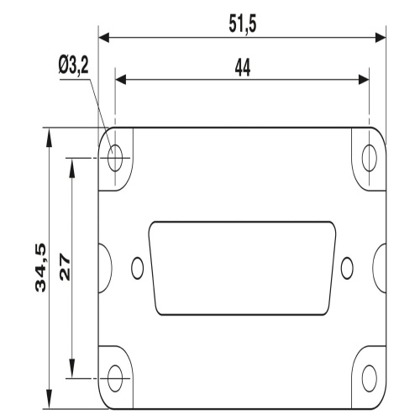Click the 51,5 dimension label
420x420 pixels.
[x=243, y=24]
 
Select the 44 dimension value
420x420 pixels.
[x=243, y=67]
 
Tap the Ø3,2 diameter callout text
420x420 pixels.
[x=74, y=66]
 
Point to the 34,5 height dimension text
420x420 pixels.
[x=40, y=268]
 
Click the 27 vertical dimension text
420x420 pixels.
[x=65, y=267]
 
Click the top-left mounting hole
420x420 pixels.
[x=115, y=158]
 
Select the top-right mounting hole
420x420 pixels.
[x=370, y=158]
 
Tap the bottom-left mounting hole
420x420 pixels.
[x=115, y=378]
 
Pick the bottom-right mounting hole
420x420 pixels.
[x=370, y=378]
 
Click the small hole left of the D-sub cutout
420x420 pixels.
[x=138, y=268]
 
